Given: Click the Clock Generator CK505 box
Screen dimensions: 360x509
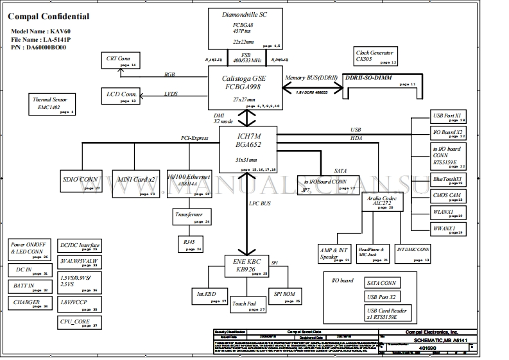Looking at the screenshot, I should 376,56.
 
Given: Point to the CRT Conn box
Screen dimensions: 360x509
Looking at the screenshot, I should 123,61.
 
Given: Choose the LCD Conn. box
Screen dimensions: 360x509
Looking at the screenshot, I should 123,97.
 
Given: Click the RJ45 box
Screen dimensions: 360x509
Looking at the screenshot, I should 191,244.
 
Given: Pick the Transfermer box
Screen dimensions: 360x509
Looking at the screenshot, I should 191,217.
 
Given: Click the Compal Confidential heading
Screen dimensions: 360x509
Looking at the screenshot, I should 49,17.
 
